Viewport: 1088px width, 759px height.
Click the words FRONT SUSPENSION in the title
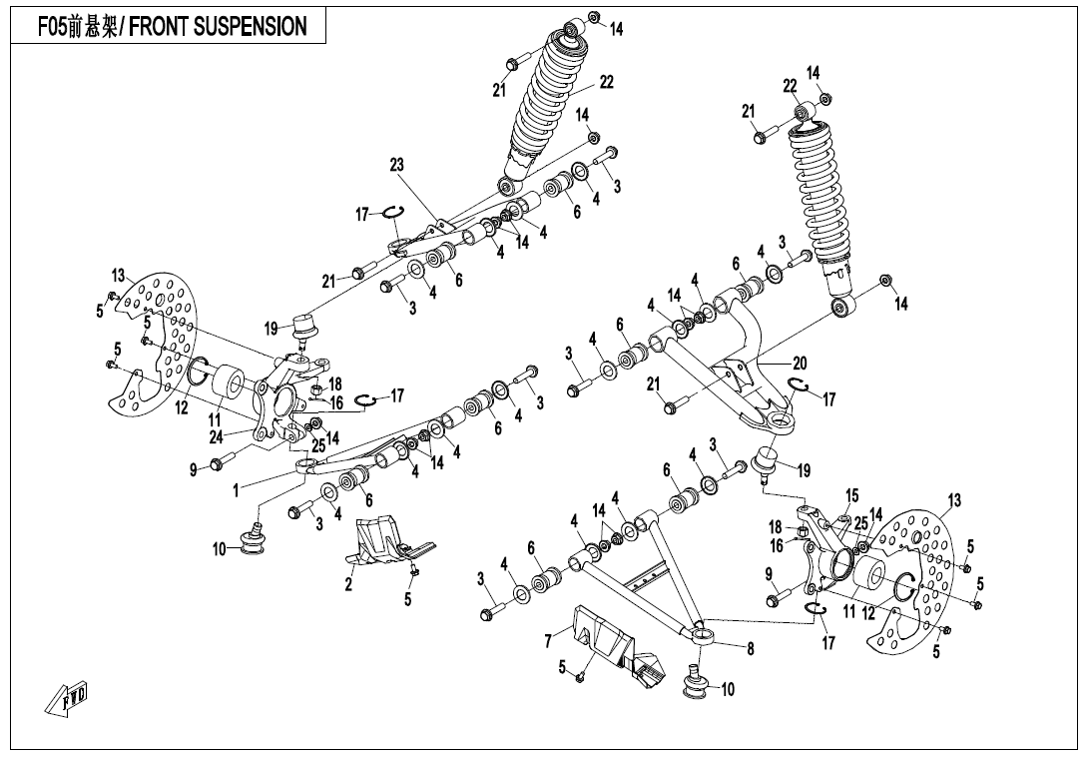pos(219,27)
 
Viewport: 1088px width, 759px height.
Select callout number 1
pos(236,490)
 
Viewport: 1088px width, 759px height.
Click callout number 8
pos(751,648)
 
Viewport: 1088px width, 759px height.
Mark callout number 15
pos(851,495)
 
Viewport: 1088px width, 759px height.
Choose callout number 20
pos(800,364)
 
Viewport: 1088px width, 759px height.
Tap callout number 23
pos(396,166)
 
